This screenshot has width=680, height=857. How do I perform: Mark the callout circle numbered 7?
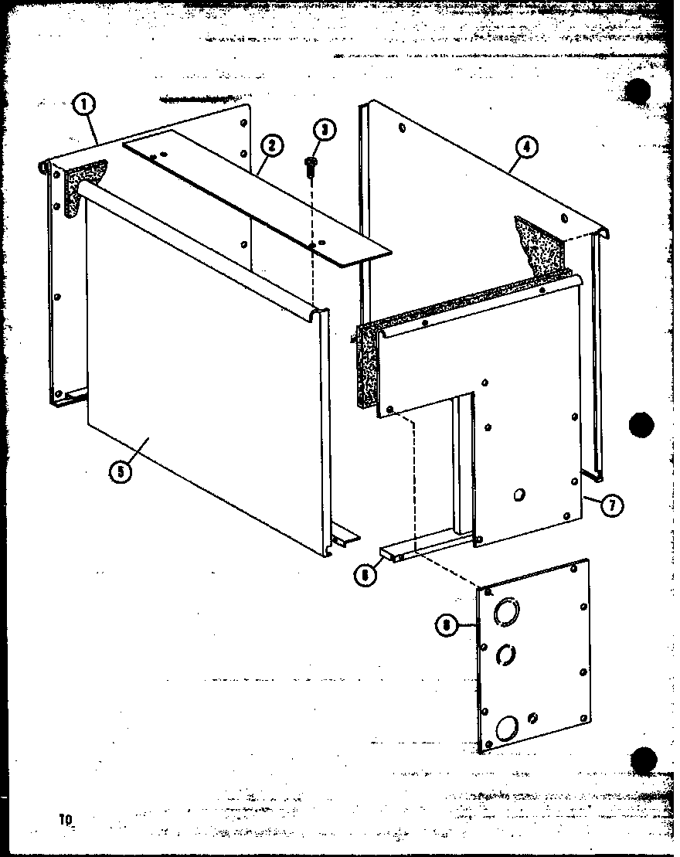(610, 505)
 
